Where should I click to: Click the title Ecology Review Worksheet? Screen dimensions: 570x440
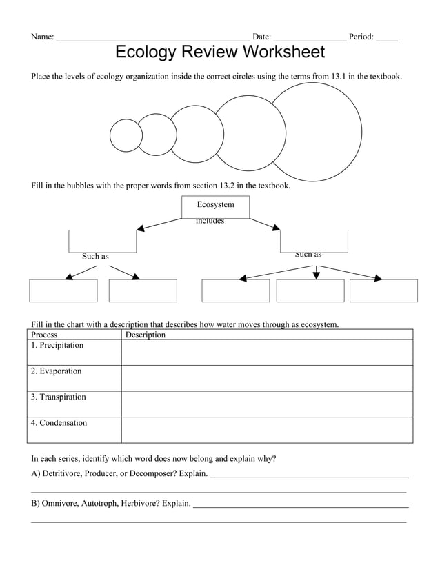[219, 52]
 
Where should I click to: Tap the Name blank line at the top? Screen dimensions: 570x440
[152, 38]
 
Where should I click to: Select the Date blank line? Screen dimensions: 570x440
[309, 38]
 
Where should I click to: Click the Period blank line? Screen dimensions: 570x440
[386, 38]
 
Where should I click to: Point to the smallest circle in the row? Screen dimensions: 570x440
[126, 135]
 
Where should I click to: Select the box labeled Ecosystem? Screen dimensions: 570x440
[215, 206]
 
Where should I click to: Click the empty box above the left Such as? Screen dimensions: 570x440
[102, 241]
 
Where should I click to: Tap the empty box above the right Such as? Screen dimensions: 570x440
[314, 241]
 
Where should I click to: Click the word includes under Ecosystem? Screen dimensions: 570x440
[210, 222]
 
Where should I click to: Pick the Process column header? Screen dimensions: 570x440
[45, 335]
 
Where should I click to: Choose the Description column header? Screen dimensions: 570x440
[146, 335]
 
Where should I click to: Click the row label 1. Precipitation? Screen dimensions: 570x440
[58, 345]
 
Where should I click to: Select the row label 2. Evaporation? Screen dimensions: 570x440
[57, 371]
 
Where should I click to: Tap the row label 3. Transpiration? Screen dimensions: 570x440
[59, 397]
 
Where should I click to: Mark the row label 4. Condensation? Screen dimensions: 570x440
[60, 423]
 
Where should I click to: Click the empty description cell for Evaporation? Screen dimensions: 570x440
[266, 378]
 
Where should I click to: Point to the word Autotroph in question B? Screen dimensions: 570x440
[99, 504]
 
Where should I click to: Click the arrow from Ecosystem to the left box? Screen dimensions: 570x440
[160, 224]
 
